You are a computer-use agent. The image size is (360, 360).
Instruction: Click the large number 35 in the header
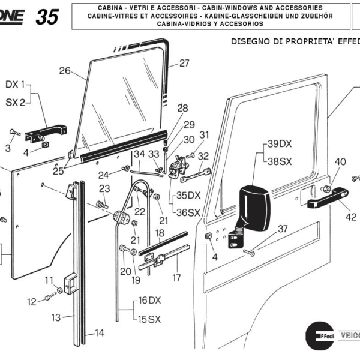pyautogui.click(x=47, y=17)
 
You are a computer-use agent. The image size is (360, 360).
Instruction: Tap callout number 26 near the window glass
pyautogui.click(x=65, y=71)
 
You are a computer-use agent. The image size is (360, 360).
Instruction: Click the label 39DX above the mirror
pyautogui.click(x=279, y=144)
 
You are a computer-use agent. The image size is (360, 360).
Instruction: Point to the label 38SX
pyautogui.click(x=279, y=161)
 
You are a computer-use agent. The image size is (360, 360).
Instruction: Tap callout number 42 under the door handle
pyautogui.click(x=351, y=217)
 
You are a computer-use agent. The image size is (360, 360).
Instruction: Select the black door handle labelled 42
pyautogui.click(x=329, y=198)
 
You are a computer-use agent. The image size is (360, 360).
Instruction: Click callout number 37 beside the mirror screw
pyautogui.click(x=283, y=228)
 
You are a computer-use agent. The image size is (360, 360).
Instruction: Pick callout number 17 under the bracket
pyautogui.click(x=176, y=278)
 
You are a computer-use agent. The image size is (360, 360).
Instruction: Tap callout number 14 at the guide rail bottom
pyautogui.click(x=99, y=332)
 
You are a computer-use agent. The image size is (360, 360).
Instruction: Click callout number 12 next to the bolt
pyautogui.click(x=31, y=302)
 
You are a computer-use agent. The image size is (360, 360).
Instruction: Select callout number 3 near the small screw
pyautogui.click(x=8, y=148)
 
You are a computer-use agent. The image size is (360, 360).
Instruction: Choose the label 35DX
pyautogui.click(x=188, y=196)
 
